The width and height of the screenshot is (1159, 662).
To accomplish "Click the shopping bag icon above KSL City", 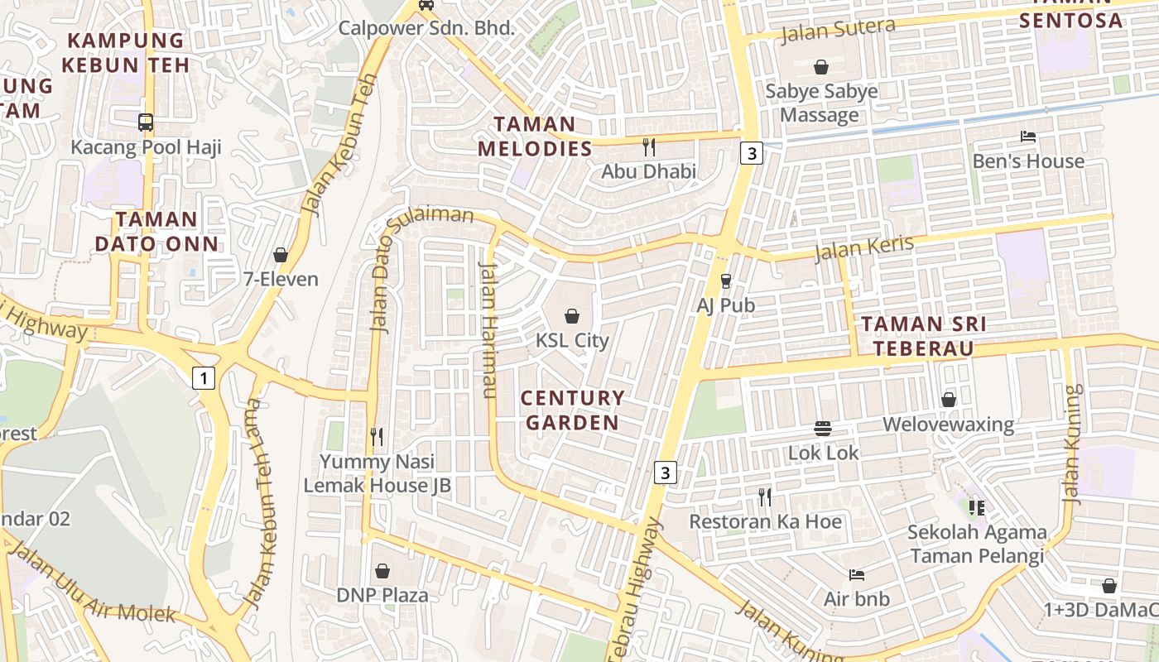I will (571, 315).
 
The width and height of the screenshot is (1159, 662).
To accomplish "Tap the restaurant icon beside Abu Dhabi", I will (649, 147).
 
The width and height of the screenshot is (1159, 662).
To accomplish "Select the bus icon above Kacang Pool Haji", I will (146, 122).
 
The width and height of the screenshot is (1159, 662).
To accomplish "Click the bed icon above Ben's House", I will (1028, 137).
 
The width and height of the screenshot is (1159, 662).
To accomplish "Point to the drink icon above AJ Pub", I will (726, 281).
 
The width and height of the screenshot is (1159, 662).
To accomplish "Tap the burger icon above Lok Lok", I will (823, 429).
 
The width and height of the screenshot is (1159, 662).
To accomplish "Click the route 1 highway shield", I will (203, 379).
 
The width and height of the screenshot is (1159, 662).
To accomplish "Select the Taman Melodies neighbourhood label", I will (543, 137).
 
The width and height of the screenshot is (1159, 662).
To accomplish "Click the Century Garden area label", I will (573, 410).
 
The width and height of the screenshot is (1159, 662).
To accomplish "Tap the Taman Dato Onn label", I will (156, 232).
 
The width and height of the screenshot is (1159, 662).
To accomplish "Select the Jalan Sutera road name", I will (838, 30).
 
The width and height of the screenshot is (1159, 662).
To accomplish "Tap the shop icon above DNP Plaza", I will (382, 571).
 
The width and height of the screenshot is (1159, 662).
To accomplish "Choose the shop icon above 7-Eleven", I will (281, 255).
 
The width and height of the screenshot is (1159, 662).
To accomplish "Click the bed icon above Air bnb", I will (857, 574).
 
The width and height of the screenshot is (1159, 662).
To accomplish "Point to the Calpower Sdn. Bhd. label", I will (426, 27).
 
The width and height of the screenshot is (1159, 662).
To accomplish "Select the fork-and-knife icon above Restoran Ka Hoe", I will (765, 496).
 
